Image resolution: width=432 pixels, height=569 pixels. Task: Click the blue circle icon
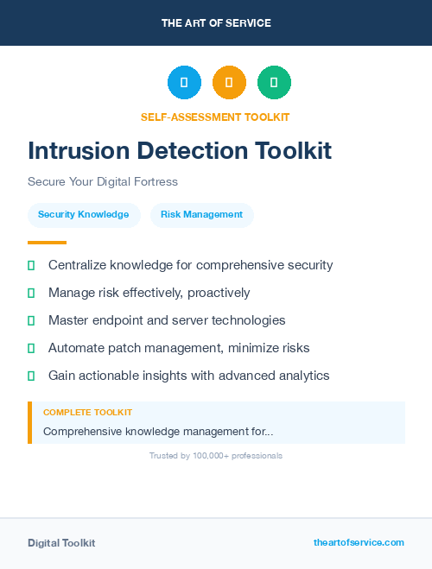click(184, 83)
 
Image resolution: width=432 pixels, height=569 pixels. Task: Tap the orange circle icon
click(229, 83)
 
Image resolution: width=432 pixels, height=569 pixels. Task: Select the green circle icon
click(274, 83)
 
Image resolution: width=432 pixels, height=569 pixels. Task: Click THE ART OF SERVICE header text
click(216, 23)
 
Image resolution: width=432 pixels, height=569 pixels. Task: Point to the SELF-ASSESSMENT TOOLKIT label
click(215, 117)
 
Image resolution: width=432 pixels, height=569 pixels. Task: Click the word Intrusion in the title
click(79, 151)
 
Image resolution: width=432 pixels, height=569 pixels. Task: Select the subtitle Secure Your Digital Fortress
click(103, 182)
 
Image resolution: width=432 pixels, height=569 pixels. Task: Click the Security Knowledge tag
click(83, 215)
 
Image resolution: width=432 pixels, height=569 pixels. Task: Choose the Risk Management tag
click(201, 215)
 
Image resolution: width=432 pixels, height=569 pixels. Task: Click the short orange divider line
click(47, 243)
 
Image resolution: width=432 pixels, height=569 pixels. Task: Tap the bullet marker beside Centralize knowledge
click(31, 266)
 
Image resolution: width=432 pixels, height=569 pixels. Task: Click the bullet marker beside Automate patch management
click(31, 349)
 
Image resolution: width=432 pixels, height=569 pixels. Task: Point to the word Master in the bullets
click(68, 320)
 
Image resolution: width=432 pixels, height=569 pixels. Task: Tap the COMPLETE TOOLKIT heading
click(87, 413)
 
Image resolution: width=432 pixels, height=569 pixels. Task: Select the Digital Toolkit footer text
click(61, 543)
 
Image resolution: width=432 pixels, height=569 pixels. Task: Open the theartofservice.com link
click(359, 542)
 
